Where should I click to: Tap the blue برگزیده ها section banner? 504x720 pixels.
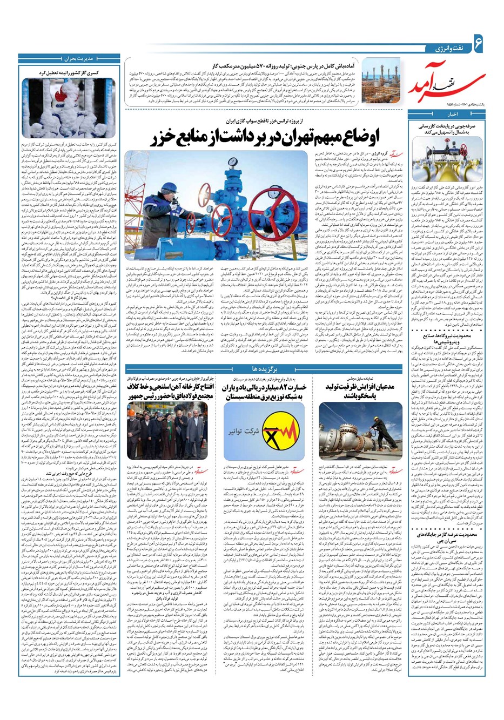coord(264,369)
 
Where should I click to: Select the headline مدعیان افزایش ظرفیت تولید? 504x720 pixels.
coord(360,391)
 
